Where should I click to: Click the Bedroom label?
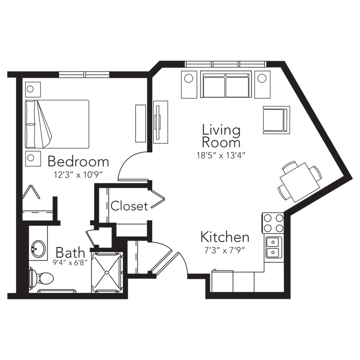pos(78,161)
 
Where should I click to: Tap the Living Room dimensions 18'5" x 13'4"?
pos(221,156)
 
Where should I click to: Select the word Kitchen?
pos(225,237)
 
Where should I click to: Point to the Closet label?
pos(129,206)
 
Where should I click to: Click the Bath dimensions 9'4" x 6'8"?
pos(70,262)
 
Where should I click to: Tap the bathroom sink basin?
pos(39,249)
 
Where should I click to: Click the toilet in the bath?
pos(41,278)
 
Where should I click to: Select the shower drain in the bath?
pos(107,272)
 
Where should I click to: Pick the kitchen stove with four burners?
pos(273,223)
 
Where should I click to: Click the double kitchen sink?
pos(273,247)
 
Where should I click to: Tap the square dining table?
pos(300,182)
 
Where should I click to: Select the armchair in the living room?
pos(277,120)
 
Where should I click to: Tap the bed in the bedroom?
pos(57,124)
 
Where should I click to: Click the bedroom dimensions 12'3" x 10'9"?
pos(78,175)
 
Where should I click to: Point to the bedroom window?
pos(84,75)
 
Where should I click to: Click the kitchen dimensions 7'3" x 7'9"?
pos(225,250)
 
